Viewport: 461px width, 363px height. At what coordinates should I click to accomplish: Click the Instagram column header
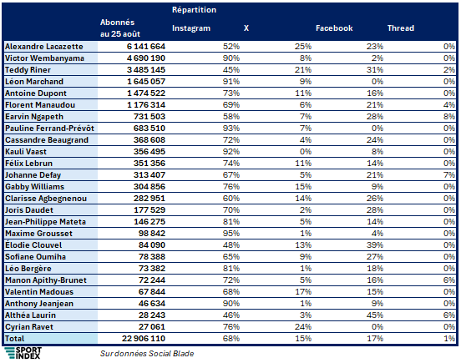(x=191, y=28)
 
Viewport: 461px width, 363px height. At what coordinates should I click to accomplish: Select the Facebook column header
(x=334, y=28)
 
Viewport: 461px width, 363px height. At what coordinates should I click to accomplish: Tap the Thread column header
(x=401, y=28)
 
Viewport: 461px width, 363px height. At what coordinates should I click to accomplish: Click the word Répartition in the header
(x=194, y=10)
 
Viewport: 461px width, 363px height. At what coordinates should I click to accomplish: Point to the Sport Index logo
(x=23, y=353)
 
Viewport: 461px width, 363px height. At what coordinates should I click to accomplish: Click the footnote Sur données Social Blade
(x=147, y=353)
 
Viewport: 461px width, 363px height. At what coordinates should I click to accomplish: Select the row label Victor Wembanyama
(x=44, y=58)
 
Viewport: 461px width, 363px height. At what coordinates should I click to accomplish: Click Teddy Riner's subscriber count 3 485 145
(x=146, y=70)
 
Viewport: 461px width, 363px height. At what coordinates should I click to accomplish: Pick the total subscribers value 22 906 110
(x=144, y=339)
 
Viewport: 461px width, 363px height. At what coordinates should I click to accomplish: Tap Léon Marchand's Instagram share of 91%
(x=231, y=82)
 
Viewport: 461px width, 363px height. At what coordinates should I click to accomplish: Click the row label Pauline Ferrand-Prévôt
(x=49, y=129)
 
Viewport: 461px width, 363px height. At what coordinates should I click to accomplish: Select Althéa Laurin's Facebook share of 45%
(x=375, y=315)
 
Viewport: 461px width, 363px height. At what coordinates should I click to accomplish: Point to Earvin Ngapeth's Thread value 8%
(x=449, y=117)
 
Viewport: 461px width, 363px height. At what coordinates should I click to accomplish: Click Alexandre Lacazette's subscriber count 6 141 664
(x=146, y=47)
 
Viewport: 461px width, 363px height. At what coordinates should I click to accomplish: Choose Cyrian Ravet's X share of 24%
(x=303, y=327)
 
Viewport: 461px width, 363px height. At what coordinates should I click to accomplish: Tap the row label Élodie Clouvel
(x=33, y=245)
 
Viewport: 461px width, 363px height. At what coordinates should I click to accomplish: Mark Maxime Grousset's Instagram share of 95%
(x=231, y=234)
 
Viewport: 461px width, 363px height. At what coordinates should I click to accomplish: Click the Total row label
(x=15, y=339)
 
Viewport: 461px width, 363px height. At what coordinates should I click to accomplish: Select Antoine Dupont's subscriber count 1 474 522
(x=146, y=93)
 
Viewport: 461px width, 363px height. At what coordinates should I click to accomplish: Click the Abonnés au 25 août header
(x=120, y=28)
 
